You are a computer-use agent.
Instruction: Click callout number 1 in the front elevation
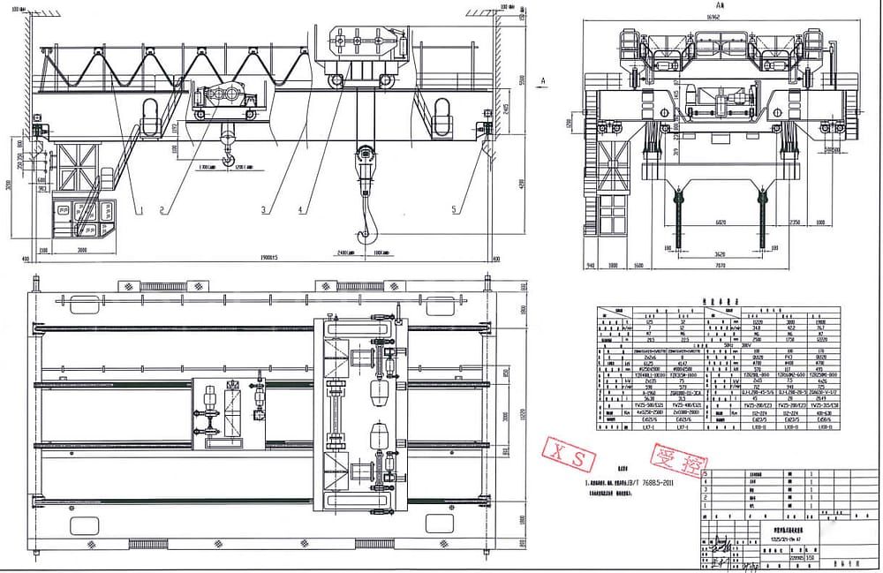pyautogui.click(x=139, y=209)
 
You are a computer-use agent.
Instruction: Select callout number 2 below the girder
pyautogui.click(x=162, y=209)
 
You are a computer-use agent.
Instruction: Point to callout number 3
pyautogui.click(x=262, y=209)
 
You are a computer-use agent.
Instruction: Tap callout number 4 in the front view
pyautogui.click(x=300, y=209)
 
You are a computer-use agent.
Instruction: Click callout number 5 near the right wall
pyautogui.click(x=454, y=209)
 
